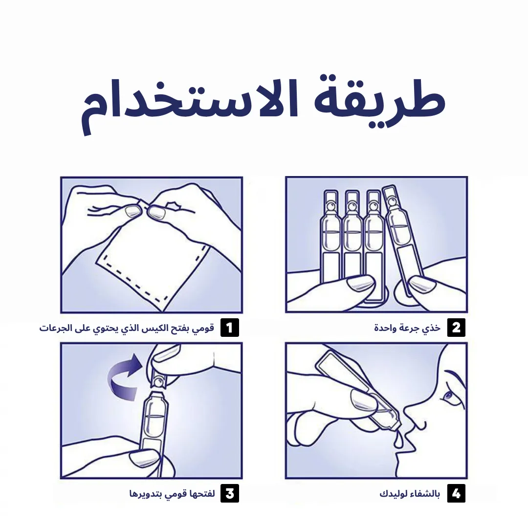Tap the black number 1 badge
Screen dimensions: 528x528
(x=230, y=328)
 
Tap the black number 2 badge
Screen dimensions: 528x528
(x=456, y=328)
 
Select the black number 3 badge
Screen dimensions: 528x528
(x=230, y=493)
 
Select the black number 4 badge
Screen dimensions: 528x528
(x=456, y=493)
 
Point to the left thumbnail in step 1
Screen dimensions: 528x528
(x=132, y=212)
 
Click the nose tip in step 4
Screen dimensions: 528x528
(x=407, y=411)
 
